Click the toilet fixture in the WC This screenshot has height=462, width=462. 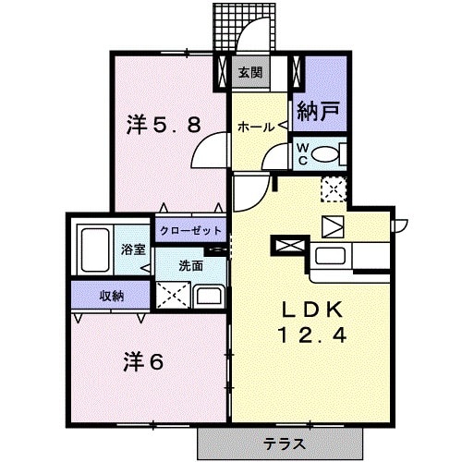tap(329, 154)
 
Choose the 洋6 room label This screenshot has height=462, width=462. tap(143, 360)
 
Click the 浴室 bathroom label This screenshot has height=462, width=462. tap(133, 249)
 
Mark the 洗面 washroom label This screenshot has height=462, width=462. tap(191, 265)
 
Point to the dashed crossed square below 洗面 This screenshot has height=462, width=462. tap(173, 296)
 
